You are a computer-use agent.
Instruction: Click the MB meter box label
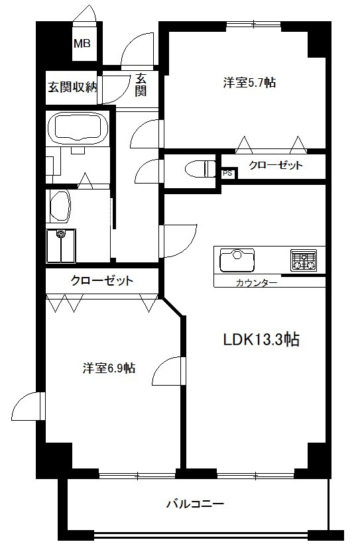click(82, 43)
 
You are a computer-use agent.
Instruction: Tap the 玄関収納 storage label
click(72, 87)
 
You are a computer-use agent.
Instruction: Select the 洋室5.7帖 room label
click(249, 83)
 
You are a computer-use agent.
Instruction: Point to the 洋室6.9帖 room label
click(109, 368)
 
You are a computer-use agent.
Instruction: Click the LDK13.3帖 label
click(261, 339)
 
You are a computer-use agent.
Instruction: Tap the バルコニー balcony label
click(195, 504)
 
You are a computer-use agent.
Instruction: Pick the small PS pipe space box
click(228, 173)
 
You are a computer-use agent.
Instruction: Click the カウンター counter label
click(257, 282)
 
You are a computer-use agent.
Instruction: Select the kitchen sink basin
click(237, 260)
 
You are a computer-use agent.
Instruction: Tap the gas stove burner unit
click(304, 260)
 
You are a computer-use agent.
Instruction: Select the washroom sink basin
click(60, 206)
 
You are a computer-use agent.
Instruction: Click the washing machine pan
click(61, 246)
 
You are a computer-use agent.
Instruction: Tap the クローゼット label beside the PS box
click(275, 165)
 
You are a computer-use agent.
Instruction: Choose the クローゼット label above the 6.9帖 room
click(101, 280)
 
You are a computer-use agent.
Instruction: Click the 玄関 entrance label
click(141, 85)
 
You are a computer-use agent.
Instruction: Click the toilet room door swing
click(149, 171)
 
